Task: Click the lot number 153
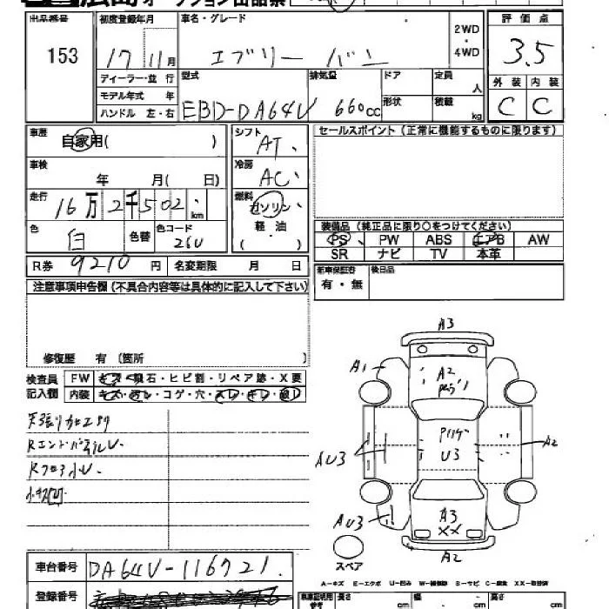pyautogui.click(x=63, y=57)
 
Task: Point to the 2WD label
pyautogui.click(x=466, y=29)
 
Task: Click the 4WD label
pyautogui.click(x=466, y=51)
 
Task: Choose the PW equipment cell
pyautogui.click(x=389, y=240)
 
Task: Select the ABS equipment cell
pyautogui.click(x=439, y=240)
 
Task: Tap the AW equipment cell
pyautogui.click(x=539, y=240)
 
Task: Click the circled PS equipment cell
pyautogui.click(x=338, y=240)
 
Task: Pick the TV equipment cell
pyautogui.click(x=439, y=253)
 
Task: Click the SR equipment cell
pyautogui.click(x=338, y=253)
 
